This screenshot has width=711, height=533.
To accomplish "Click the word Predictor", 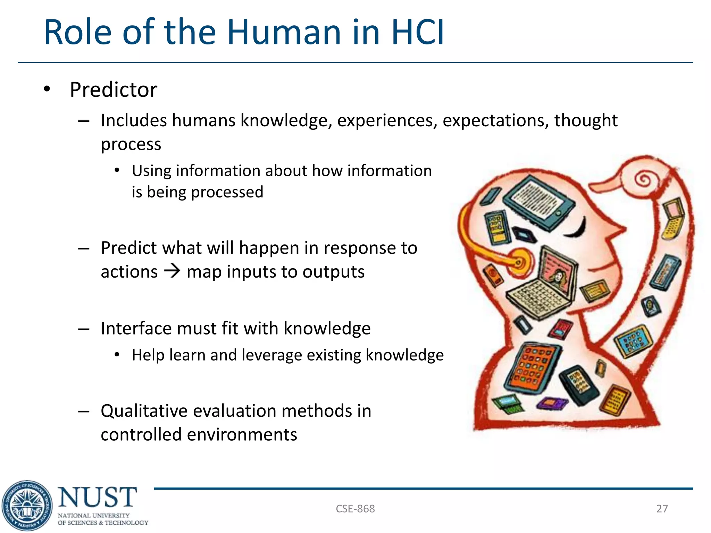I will pos(114,90).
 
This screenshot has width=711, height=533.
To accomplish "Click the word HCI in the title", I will pos(417,32).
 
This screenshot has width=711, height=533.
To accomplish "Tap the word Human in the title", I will pos(284,32).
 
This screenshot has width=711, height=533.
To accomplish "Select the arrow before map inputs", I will pos(172,271).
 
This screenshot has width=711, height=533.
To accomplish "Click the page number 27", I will pos(662,509).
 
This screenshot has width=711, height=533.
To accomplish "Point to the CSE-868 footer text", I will pos(355,509).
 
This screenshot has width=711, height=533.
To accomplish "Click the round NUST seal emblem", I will pos(27,506).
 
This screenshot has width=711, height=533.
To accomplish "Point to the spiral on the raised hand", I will pos(644,179).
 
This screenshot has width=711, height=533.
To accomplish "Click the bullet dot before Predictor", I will pos(47,89).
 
